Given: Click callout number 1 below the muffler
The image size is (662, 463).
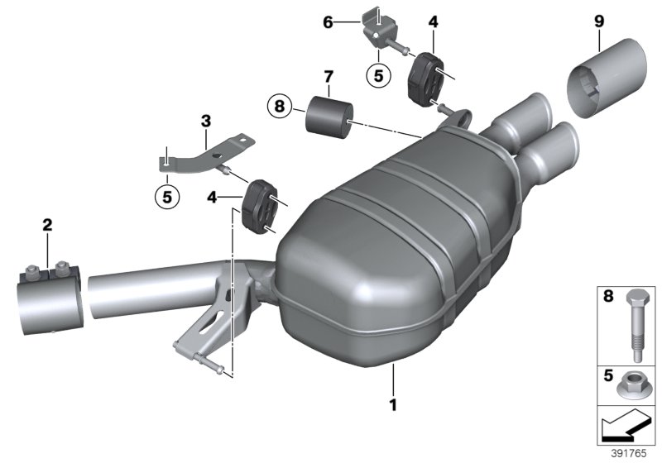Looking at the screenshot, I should tap(393, 406).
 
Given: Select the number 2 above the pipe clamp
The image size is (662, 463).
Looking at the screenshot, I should tap(47, 224).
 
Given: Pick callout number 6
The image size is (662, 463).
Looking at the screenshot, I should tap(328, 22).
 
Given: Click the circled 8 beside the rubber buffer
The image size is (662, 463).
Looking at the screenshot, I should tap(280, 106).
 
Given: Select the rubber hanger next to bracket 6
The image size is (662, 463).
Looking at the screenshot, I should tap(427, 77).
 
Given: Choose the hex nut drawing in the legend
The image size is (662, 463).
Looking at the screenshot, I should tap(637, 384).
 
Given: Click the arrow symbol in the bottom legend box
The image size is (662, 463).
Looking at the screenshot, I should tap(626, 428).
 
